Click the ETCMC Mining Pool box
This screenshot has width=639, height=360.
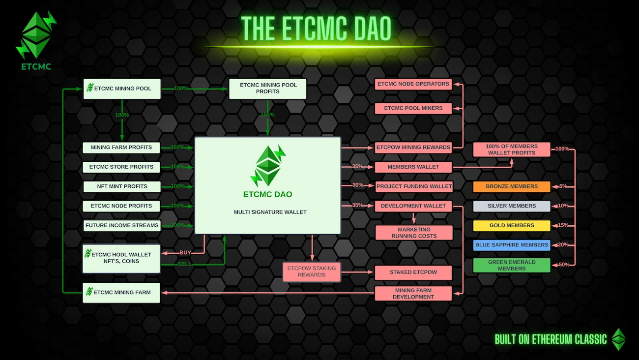122,89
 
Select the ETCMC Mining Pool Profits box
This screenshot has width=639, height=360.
268,88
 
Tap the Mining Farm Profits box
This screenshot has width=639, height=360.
121,147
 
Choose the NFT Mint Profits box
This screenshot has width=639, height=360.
121,186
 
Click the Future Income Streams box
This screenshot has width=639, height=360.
121,225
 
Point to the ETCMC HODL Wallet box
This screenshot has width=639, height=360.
121,258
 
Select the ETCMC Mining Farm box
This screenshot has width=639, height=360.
121,292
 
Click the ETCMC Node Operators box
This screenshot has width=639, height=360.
413,84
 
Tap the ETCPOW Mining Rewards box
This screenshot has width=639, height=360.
413,147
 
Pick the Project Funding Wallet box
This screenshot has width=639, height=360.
413,186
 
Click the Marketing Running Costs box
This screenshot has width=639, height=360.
413,233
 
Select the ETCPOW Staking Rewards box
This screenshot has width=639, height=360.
312,271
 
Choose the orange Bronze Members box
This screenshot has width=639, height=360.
511,186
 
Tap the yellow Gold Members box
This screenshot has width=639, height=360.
511,225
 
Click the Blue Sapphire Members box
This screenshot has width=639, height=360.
511,245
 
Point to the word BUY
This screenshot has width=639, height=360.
185,252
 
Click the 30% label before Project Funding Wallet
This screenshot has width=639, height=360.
357,185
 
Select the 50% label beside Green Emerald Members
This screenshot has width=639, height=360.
563,265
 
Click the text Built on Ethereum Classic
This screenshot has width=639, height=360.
551,339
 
